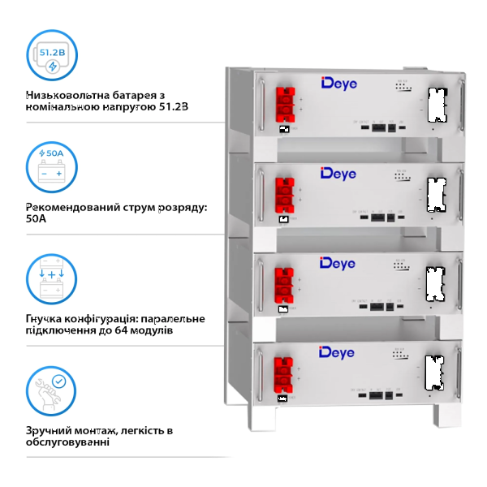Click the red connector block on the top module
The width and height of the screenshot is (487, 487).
pyautogui.click(x=285, y=105)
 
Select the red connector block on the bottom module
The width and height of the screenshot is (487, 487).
pyautogui.click(x=285, y=373)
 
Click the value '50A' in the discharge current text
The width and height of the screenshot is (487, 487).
pyautogui.click(x=37, y=218)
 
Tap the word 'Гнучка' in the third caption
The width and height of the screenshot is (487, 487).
pyautogui.click(x=48, y=317)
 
